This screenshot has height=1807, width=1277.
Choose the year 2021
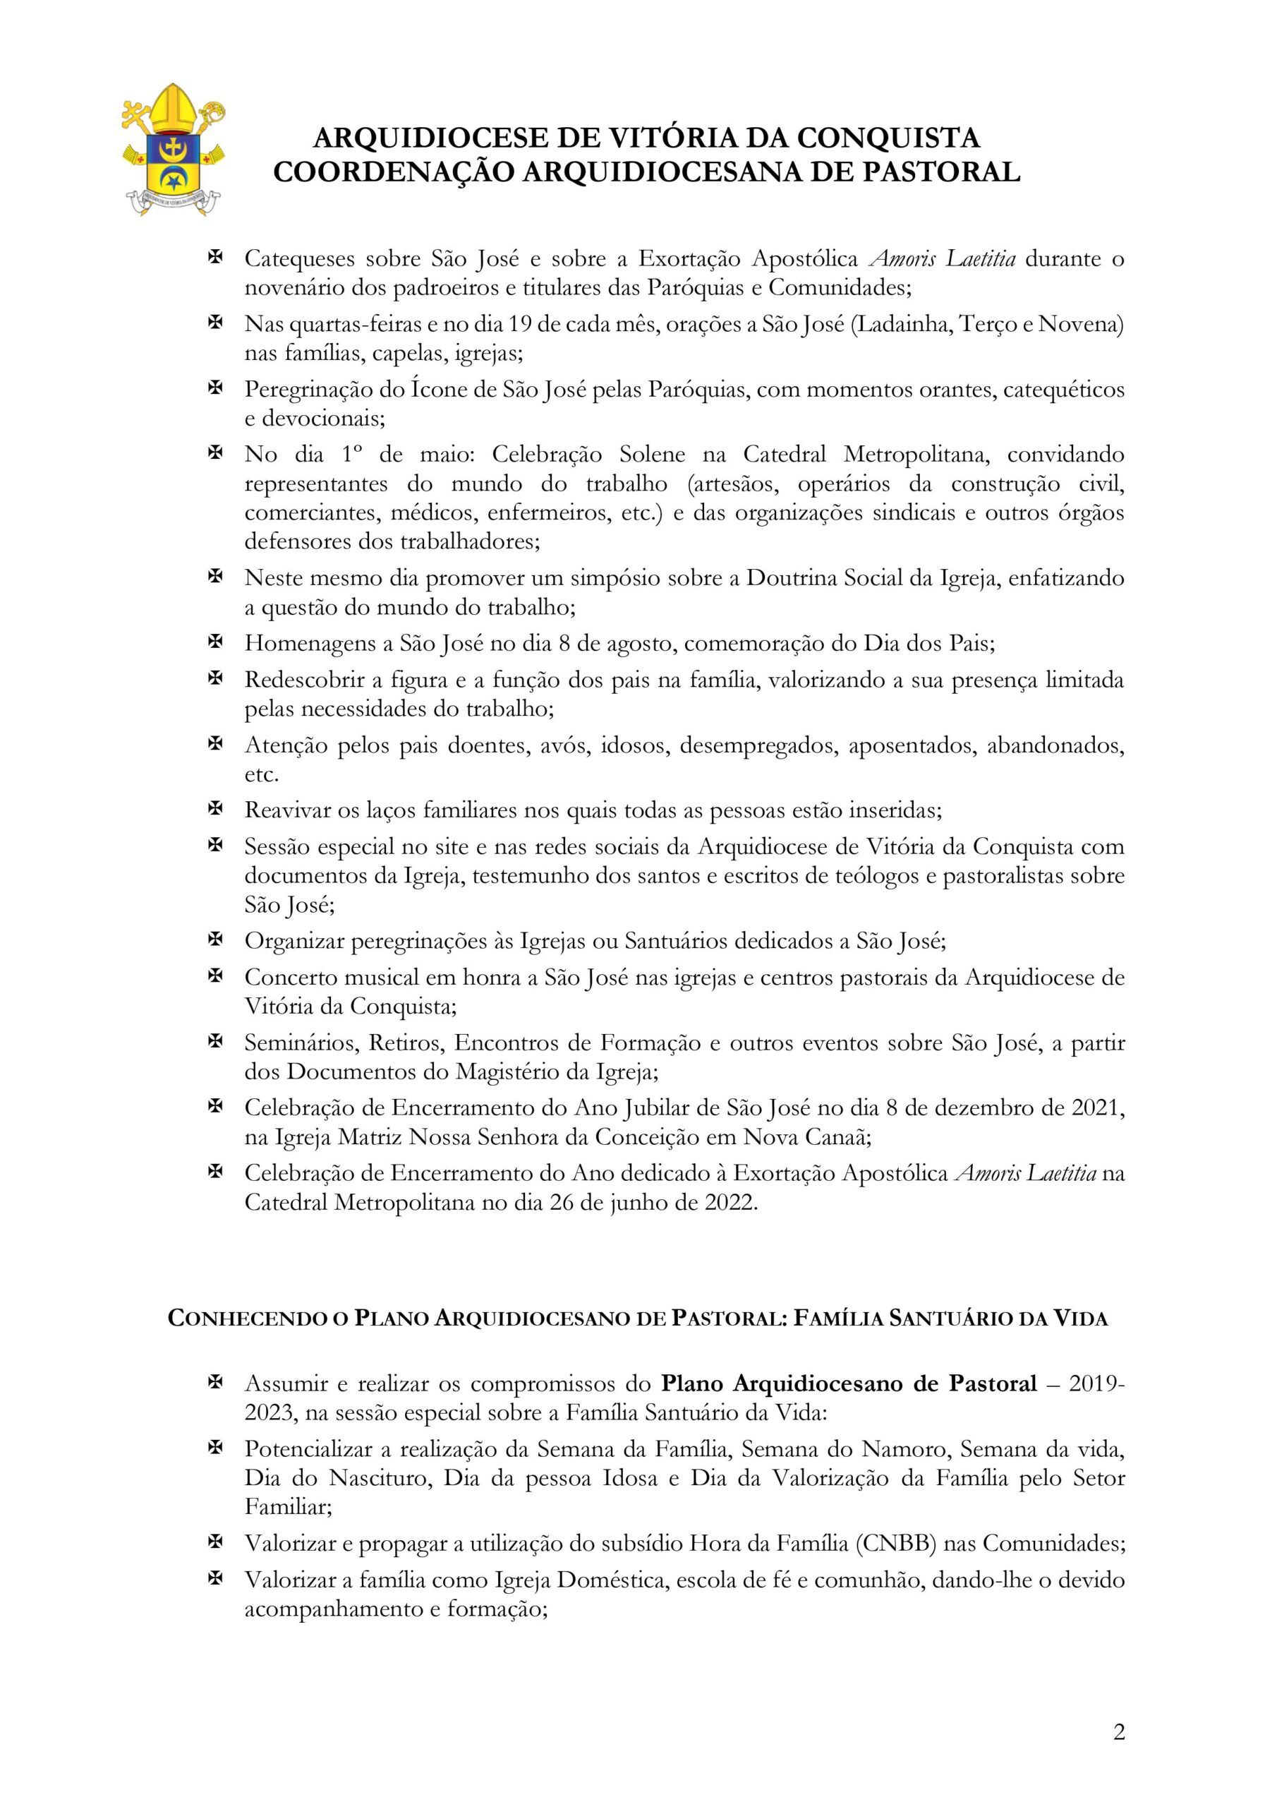[1099, 1108]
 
